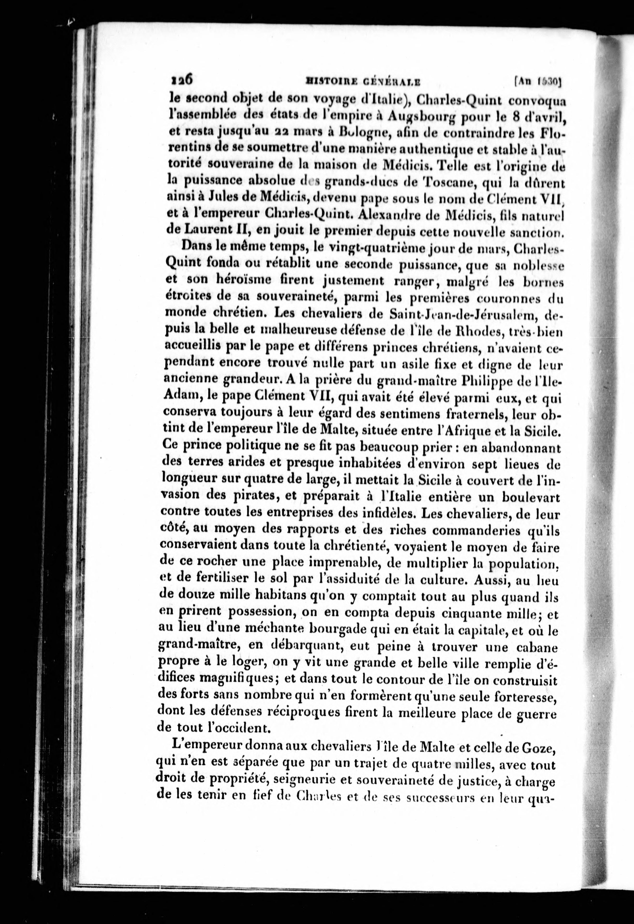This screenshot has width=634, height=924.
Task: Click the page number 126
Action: [182, 80]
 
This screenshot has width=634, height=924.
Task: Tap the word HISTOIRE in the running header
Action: [326, 82]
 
